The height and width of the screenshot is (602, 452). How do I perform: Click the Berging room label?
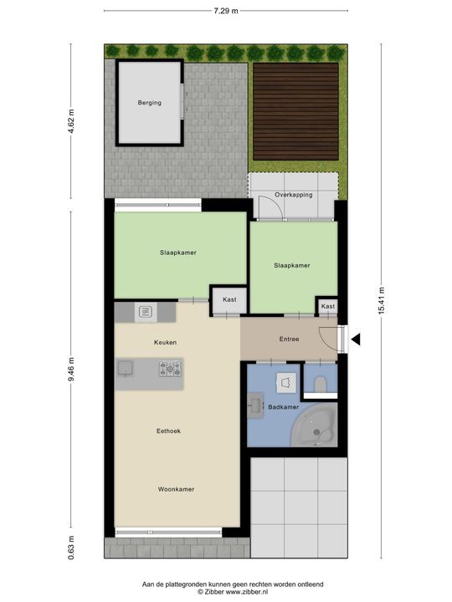tap(150, 103)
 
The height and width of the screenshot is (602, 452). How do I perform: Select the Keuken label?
tap(165, 343)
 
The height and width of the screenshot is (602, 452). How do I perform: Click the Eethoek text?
tap(168, 431)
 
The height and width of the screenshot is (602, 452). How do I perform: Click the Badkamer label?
tap(283, 407)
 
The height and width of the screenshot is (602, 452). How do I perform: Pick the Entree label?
tap(288, 339)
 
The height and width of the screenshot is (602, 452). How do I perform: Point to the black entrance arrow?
tap(355, 339)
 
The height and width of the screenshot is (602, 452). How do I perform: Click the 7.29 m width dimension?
tap(225, 11)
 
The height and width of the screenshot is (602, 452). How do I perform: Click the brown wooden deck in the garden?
tap(296, 112)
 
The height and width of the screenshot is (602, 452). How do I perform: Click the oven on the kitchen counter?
tap(144, 313)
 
